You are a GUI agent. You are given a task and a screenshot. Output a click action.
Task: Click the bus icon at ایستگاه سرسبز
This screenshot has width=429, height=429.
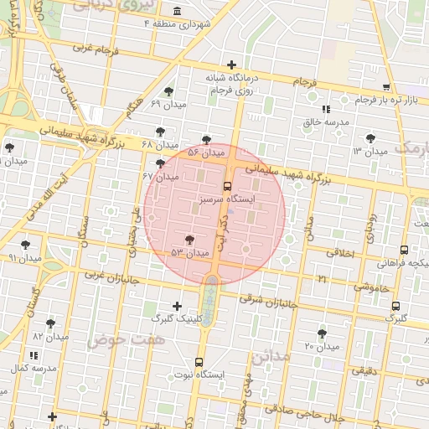click(x=228, y=186)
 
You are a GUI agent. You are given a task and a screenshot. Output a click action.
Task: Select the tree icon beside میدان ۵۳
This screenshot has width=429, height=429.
click(x=198, y=240)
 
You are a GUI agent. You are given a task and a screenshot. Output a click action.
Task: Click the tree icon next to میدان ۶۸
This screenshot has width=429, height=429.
click(x=161, y=131)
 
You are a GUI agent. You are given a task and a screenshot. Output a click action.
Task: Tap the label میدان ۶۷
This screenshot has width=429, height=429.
click(x=161, y=177)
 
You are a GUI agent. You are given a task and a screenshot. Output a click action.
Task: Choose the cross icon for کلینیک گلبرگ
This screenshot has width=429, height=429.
click(x=176, y=306)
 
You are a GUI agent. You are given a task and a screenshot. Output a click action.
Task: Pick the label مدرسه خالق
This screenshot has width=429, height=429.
click(x=325, y=121)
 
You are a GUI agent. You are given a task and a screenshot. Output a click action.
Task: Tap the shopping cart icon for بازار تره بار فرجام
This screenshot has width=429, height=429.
click(x=385, y=86)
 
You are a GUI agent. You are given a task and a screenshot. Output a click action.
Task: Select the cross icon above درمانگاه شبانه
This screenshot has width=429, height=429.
click(x=231, y=64)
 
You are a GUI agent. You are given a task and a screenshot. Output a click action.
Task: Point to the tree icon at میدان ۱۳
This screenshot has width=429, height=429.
click(x=370, y=138)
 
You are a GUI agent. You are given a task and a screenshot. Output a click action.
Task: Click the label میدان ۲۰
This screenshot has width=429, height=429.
click(x=321, y=346)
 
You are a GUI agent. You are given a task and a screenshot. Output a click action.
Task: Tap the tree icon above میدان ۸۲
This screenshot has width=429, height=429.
click(x=52, y=323)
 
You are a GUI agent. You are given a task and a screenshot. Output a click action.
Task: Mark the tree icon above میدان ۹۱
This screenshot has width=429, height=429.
click(x=25, y=245)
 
